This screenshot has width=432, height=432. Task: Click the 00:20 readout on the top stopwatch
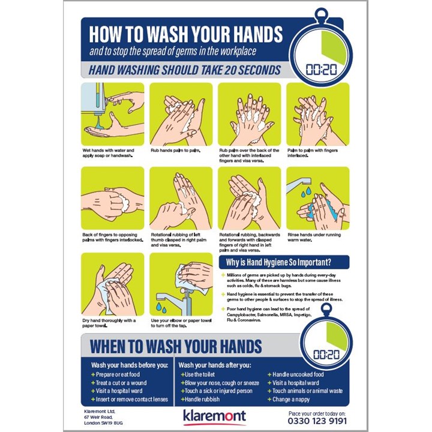(321, 69)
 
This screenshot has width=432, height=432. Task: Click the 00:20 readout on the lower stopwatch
(326, 355)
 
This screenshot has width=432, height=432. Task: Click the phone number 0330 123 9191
(317, 421)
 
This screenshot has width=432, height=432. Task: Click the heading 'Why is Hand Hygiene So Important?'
(278, 262)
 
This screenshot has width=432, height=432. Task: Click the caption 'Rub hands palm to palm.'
(175, 150)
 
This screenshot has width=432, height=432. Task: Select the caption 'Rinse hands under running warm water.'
(313, 237)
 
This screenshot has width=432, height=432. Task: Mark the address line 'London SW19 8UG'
(104, 422)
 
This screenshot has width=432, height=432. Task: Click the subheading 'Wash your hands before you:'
(129, 364)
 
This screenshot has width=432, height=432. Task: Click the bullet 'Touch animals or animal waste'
(307, 391)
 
